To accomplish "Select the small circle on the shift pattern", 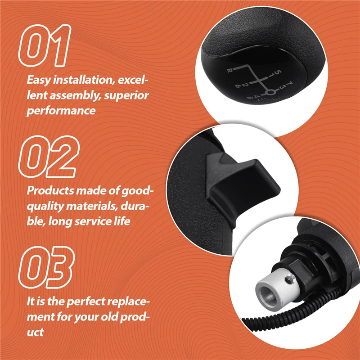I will click(270, 93).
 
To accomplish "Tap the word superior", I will click(128, 95).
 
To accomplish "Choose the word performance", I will click(61, 110).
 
